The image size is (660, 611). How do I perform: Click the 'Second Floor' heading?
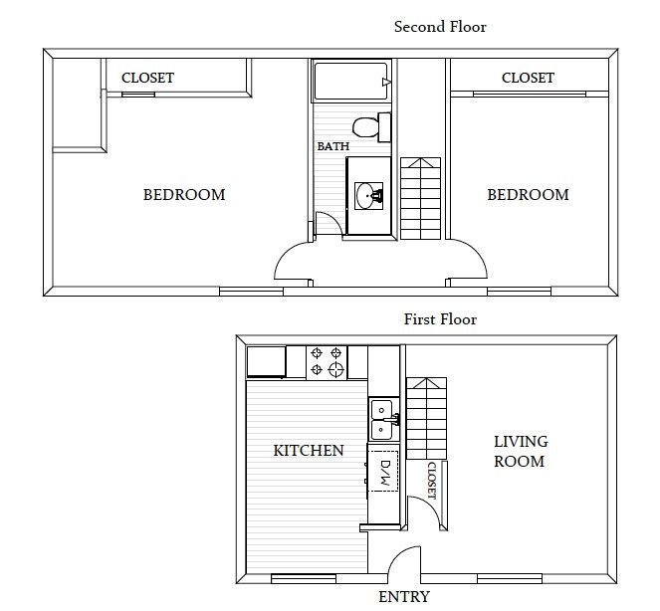[440, 27]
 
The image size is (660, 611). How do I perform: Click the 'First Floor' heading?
[440, 319]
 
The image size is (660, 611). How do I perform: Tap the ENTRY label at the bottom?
[404, 597]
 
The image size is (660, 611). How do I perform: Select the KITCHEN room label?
[309, 451]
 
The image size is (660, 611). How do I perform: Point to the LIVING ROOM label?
[520, 451]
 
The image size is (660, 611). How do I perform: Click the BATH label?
[332, 146]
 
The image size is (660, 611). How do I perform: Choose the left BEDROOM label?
[184, 194]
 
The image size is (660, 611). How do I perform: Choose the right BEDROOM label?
[528, 194]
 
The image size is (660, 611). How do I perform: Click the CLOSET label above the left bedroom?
[147, 78]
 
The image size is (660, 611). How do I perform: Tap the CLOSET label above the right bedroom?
[528, 78]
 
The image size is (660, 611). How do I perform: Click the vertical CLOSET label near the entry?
[431, 480]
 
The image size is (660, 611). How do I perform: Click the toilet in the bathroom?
[368, 127]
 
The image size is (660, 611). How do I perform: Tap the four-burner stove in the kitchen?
[328, 361]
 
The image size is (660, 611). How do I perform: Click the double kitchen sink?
[382, 420]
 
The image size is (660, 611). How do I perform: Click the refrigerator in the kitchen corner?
[266, 361]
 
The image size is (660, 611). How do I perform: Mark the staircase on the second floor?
[419, 198]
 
